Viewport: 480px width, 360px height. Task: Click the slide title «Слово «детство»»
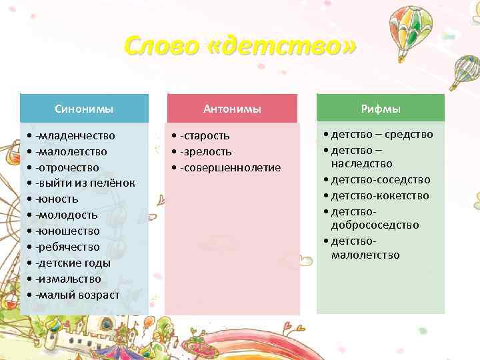click(x=240, y=47)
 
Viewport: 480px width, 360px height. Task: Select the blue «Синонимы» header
click(x=84, y=109)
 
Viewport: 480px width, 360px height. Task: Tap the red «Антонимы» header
click(x=232, y=109)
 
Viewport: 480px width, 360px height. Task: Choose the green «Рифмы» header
click(x=380, y=109)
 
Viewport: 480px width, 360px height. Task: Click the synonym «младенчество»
click(x=76, y=135)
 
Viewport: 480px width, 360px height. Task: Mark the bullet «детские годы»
click(x=74, y=263)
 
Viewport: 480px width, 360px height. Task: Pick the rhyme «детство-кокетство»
click(x=381, y=195)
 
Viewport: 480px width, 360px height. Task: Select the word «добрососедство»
click(x=375, y=225)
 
